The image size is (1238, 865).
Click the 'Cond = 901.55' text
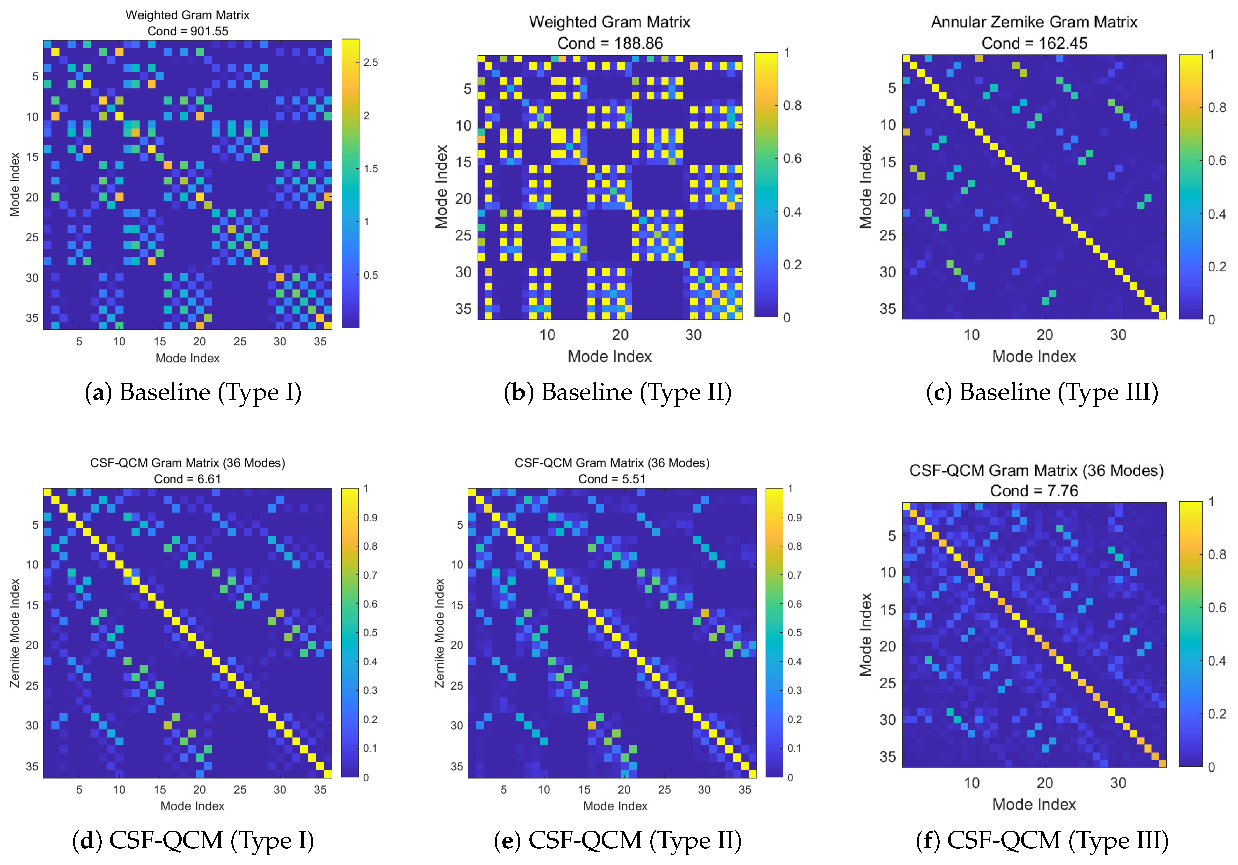click(x=188, y=31)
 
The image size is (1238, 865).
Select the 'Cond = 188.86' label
click(x=610, y=43)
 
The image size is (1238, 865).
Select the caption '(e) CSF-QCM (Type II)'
click(x=617, y=840)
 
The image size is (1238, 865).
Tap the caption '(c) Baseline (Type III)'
click(x=1042, y=392)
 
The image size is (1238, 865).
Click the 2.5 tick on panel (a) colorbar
click(x=370, y=62)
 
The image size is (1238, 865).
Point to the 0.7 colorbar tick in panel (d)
click(x=370, y=575)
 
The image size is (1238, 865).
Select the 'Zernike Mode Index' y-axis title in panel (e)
click(x=440, y=633)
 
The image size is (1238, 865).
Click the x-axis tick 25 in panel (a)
click(x=240, y=341)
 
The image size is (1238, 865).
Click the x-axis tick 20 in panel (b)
click(x=620, y=335)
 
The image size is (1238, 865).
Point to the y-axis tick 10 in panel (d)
click(x=32, y=564)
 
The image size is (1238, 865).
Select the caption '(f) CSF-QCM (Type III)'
click(x=1042, y=840)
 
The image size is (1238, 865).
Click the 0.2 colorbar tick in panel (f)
click(x=1217, y=714)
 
